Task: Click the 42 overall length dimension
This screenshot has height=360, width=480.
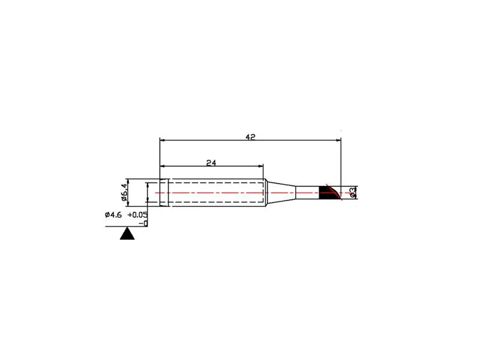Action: [250, 137]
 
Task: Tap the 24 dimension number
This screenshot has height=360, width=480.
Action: [211, 163]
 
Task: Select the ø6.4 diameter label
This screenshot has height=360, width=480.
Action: [124, 192]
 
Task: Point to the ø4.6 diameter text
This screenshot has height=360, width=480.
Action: [113, 215]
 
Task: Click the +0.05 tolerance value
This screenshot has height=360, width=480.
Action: [137, 215]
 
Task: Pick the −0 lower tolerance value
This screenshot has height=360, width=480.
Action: [143, 224]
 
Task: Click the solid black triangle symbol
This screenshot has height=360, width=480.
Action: [127, 233]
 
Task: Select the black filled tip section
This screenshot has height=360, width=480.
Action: [327, 193]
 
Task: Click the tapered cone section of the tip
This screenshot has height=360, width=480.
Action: [280, 193]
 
